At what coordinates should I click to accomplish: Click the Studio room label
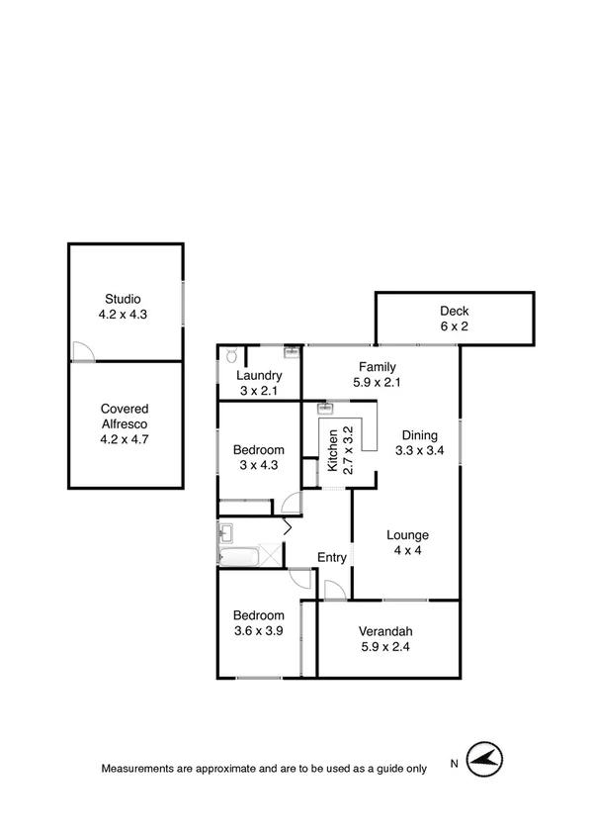(125, 299)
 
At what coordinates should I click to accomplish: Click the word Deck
(455, 309)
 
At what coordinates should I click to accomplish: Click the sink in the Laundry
(292, 351)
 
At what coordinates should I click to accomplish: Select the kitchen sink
(325, 407)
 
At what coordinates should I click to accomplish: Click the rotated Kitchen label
(333, 450)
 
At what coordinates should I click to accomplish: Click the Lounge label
(407, 535)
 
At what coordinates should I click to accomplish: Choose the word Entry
(332, 557)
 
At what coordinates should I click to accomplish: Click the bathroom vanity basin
(226, 533)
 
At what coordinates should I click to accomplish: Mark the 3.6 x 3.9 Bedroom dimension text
(259, 631)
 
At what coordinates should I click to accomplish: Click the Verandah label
(386, 632)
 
